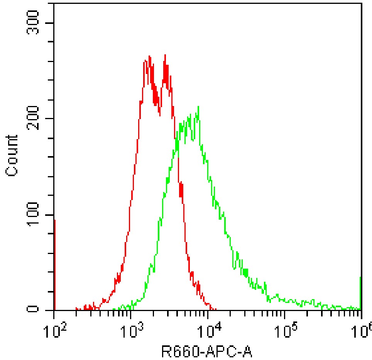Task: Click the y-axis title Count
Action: (12, 156)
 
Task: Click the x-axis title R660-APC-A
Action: (206, 352)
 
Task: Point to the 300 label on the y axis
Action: (33, 23)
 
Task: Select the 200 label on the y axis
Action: (33, 118)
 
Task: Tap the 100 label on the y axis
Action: (33, 214)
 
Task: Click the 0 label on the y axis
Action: (33, 309)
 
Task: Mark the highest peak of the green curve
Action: (198, 106)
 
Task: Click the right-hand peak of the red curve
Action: (165, 55)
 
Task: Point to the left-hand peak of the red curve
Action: (149, 56)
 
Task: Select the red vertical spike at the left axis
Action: (55, 265)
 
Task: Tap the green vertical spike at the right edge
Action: (360, 293)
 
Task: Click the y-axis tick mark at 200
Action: (49, 119)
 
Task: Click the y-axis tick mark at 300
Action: (49, 23)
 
